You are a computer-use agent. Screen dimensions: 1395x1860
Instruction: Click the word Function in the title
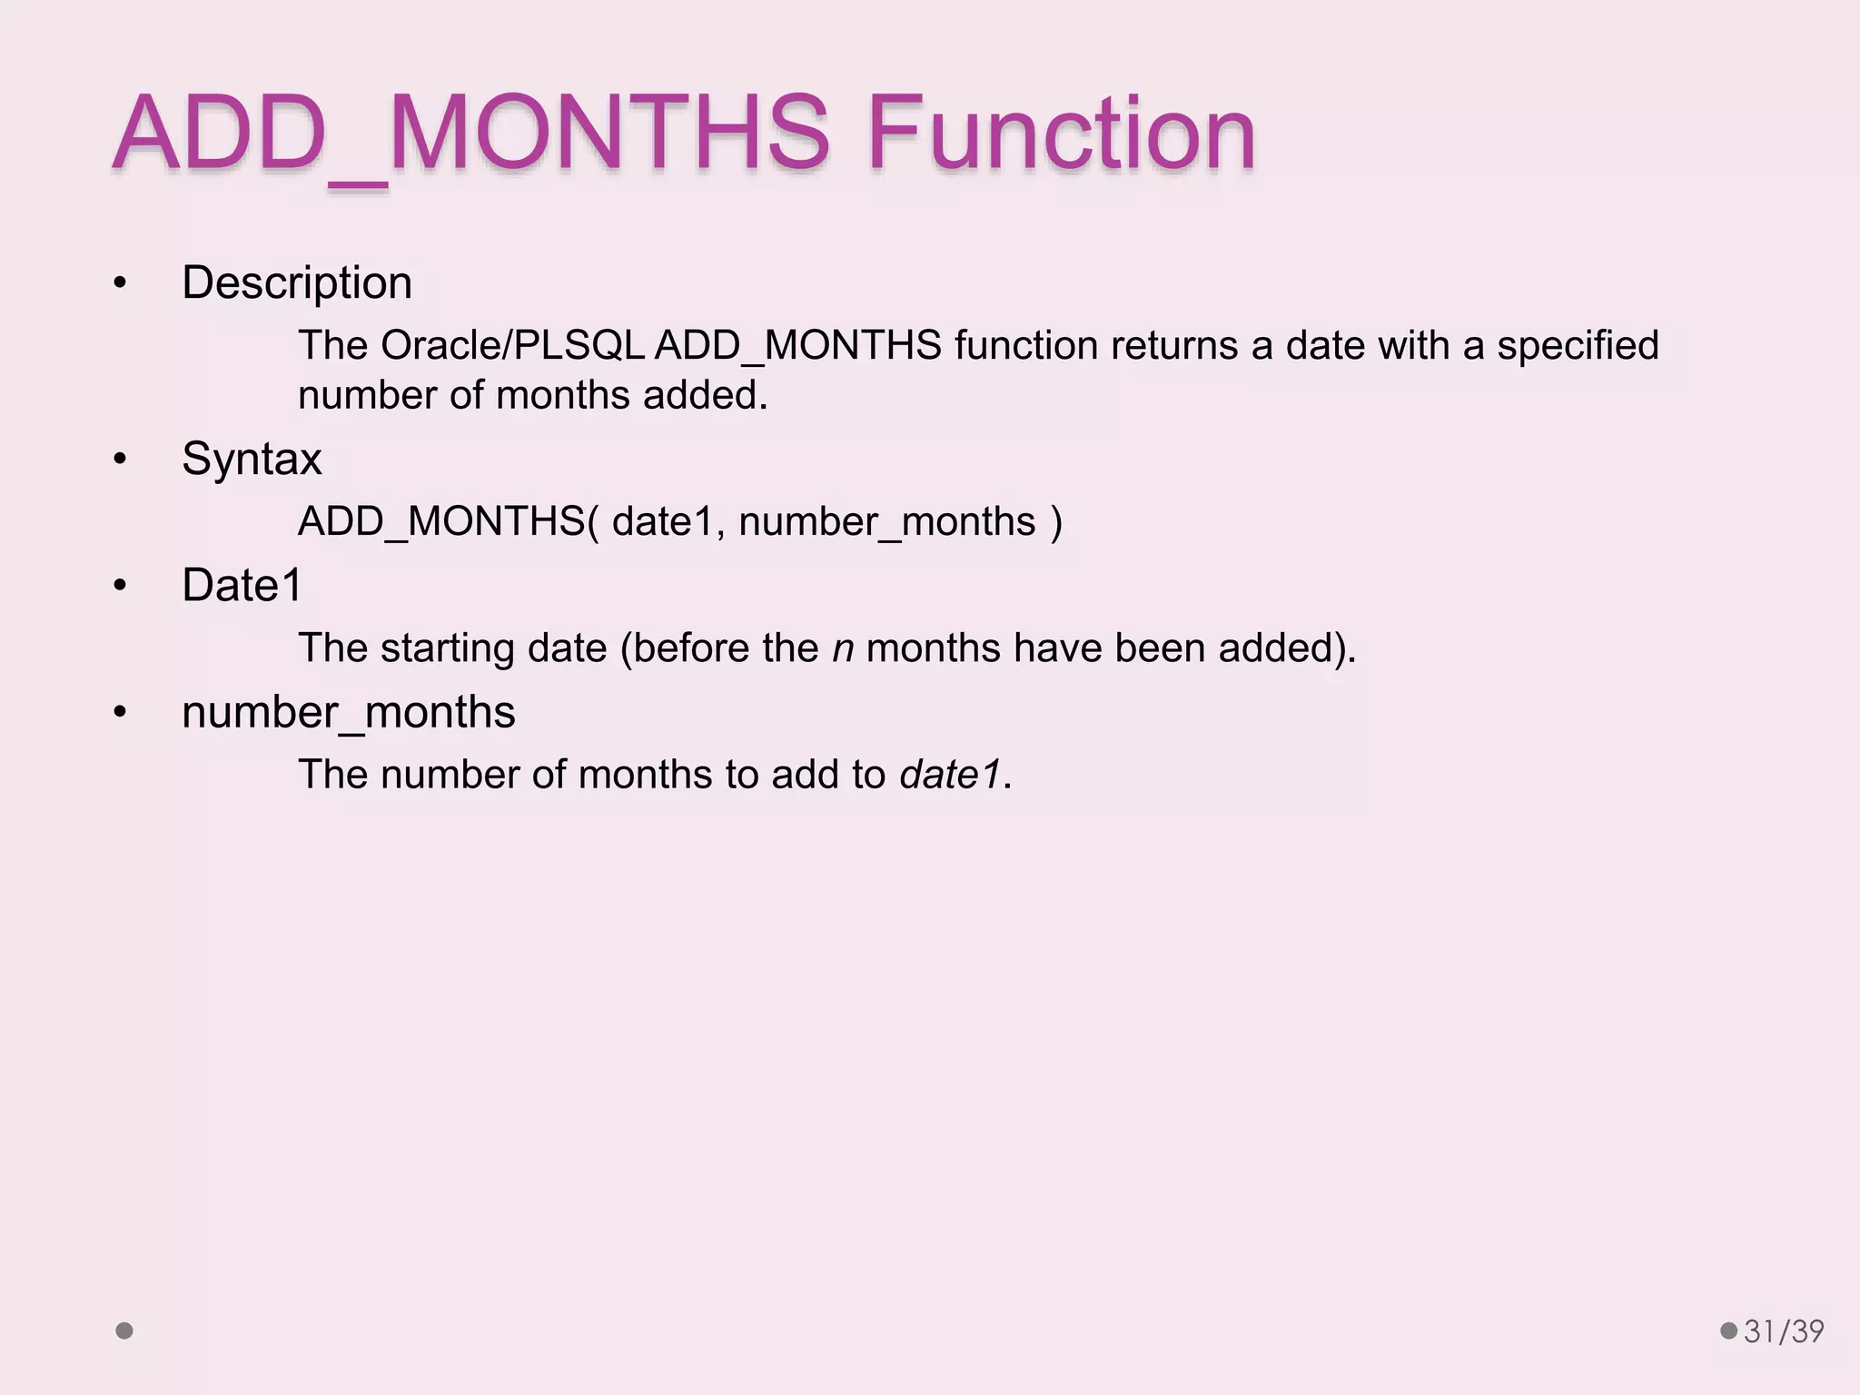tap(1061, 134)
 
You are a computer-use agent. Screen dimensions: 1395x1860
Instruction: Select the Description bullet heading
tap(297, 282)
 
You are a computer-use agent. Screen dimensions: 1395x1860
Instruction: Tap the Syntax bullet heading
tap(252, 459)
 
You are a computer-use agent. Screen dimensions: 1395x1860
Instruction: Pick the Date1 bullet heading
tap(242, 585)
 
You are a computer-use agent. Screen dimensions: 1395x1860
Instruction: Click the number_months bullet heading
tap(348, 712)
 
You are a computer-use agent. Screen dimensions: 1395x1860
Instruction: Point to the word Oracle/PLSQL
tap(512, 346)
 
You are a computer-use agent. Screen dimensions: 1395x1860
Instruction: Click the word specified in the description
tap(1578, 346)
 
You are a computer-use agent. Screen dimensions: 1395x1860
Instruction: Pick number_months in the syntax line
tap(887, 522)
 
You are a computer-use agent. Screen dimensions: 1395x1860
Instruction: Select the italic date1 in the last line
tap(950, 776)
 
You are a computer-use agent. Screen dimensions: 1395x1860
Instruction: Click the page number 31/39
tap(1784, 1331)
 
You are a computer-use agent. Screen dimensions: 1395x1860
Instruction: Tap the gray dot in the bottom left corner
tap(124, 1331)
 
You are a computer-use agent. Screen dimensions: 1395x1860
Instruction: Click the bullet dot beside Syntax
tap(120, 460)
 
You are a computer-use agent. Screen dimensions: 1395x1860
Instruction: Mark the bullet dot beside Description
tap(120, 284)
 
